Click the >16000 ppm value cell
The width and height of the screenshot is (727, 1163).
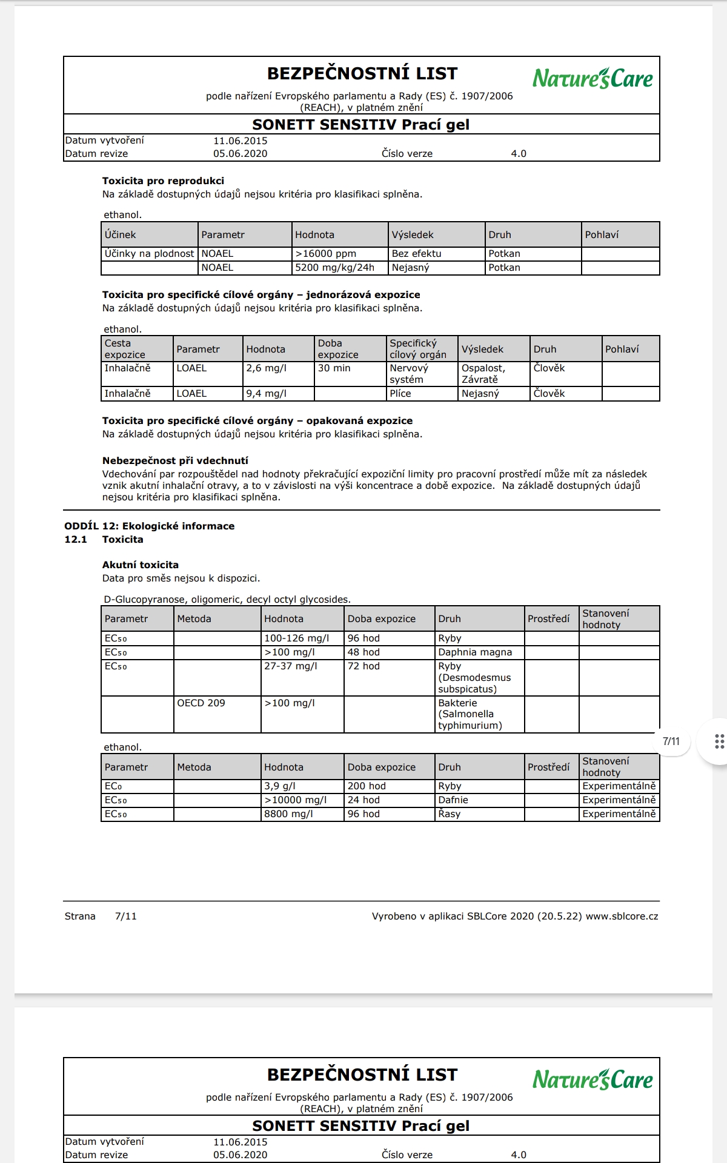[326, 254]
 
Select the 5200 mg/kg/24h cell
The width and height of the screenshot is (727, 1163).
[334, 268]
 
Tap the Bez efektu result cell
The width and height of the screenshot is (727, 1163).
[416, 254]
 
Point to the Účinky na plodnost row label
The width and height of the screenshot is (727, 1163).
[149, 254]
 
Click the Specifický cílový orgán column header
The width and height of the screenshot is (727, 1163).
[418, 349]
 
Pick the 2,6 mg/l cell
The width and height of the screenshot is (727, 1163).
[266, 368]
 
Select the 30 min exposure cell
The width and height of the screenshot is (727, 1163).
[334, 368]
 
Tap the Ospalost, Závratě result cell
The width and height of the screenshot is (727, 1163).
[483, 374]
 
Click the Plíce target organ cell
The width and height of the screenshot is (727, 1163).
[400, 394]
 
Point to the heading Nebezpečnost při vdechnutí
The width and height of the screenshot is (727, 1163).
[175, 460]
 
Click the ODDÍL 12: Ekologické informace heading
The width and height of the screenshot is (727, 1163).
[149, 526]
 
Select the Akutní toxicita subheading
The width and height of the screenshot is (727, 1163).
[140, 565]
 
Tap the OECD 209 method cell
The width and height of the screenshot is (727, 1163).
[201, 703]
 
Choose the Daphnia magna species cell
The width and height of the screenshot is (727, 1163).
[475, 652]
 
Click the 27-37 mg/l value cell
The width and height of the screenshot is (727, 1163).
[290, 666]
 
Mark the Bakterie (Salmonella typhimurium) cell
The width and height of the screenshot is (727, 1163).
[470, 714]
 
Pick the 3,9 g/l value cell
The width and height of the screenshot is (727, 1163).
[279, 786]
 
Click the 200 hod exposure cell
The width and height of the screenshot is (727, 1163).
[366, 786]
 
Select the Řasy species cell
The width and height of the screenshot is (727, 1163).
[449, 814]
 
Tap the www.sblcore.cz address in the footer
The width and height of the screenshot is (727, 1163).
[622, 916]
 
